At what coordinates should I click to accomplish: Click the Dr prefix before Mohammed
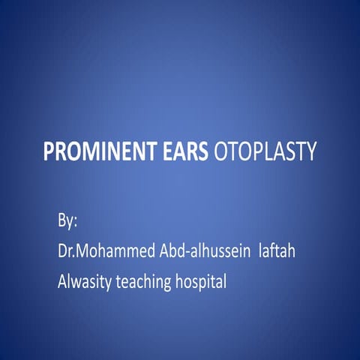(64, 251)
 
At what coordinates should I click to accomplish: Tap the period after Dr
(74, 256)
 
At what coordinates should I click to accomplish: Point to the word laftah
(276, 251)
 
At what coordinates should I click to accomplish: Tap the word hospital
(200, 283)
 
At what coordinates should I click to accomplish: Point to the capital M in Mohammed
(84, 251)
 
